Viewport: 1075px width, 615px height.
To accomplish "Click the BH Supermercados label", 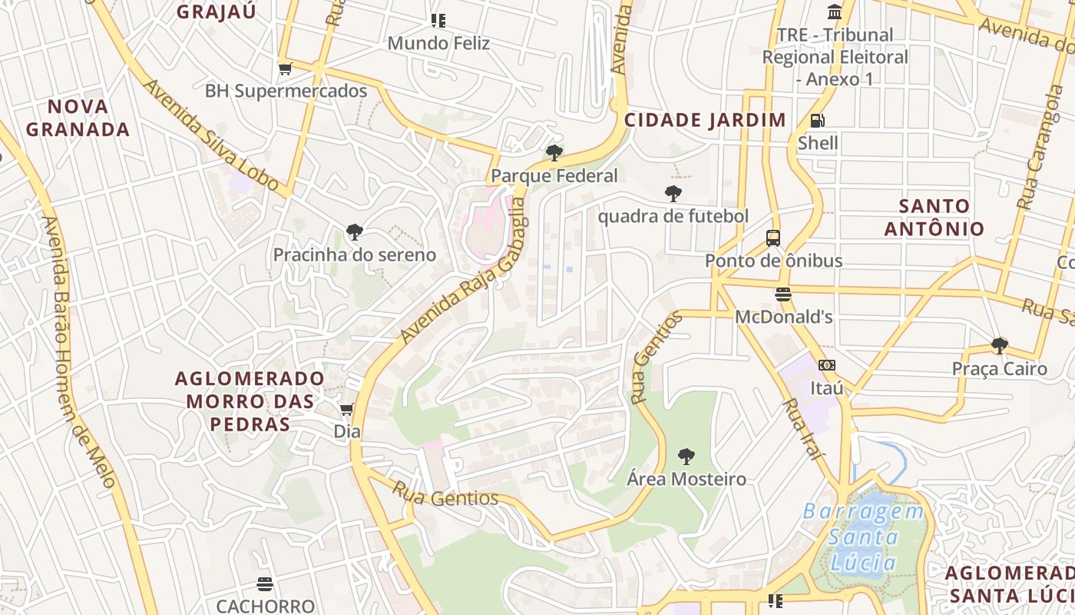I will [286, 91].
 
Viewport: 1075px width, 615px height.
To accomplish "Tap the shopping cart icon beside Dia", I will [346, 408].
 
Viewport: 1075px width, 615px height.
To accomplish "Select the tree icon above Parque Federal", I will [554, 152].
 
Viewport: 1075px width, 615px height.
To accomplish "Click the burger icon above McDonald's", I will [783, 294].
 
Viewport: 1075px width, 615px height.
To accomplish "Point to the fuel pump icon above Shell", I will [818, 120].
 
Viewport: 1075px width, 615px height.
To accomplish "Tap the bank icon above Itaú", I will [827, 365].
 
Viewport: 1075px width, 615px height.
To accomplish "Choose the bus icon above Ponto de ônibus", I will [773, 238].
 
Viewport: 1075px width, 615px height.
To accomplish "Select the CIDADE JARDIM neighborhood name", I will [705, 120].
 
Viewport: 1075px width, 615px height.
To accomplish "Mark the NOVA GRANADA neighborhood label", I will [78, 118].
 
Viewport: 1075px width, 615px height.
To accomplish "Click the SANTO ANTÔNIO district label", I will [934, 218].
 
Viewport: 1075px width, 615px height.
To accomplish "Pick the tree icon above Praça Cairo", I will [999, 345].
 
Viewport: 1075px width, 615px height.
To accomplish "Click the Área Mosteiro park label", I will [686, 479].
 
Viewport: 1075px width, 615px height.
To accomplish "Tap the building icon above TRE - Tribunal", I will [835, 12].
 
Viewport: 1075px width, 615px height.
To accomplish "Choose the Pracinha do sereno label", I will [355, 255].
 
